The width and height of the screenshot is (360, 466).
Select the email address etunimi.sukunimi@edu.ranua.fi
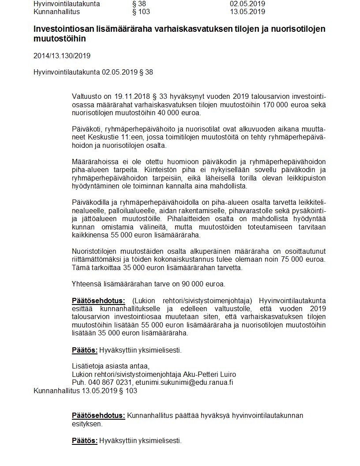[x=184, y=382]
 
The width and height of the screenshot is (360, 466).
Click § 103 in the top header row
[x=141, y=11]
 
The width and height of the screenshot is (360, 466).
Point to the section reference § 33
[x=160, y=97]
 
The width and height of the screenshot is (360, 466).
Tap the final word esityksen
[x=87, y=424]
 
